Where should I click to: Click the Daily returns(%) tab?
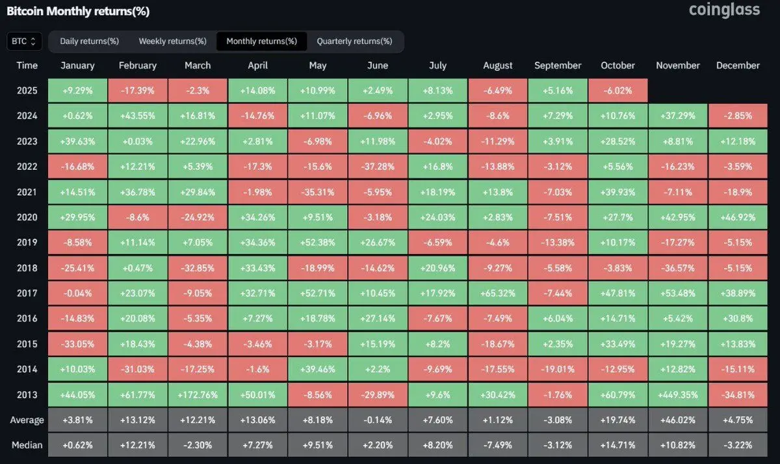[89, 41]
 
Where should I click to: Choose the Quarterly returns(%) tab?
[354, 41]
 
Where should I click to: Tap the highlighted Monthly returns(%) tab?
[261, 41]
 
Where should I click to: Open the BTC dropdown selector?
[25, 41]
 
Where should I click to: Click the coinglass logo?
[724, 10]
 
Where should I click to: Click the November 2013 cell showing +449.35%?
[678, 394]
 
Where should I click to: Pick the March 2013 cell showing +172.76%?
[198, 394]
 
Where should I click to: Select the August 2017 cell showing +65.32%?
[498, 293]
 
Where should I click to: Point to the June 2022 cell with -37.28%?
[378, 166]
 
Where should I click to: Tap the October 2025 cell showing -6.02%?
[618, 90]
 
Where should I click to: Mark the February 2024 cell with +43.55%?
[138, 116]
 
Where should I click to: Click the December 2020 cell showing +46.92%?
[738, 217]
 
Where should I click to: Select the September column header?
[558, 65]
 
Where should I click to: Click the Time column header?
[27, 65]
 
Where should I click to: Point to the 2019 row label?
[27, 242]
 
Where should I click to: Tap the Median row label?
[27, 445]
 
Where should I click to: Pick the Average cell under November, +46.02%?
[678, 420]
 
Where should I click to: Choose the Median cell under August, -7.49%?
[498, 445]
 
